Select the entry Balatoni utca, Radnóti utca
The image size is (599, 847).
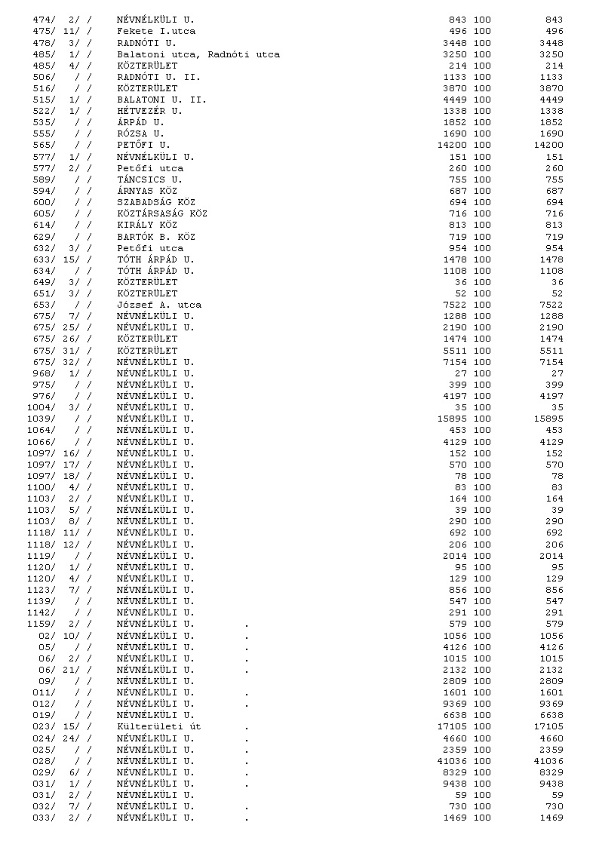198,54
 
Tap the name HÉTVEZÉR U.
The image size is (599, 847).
149,111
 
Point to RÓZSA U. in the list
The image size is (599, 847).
140,133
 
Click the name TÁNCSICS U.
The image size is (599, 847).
149,180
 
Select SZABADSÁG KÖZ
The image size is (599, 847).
155,202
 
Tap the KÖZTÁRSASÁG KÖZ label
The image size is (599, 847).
161,213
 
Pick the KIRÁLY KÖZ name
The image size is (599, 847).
146,225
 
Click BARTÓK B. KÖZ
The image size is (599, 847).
155,236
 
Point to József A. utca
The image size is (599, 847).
158,305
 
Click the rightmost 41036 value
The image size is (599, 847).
548,761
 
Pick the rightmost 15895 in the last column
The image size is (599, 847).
548,419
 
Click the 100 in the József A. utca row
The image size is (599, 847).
482,305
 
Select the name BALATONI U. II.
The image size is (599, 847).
161,100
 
